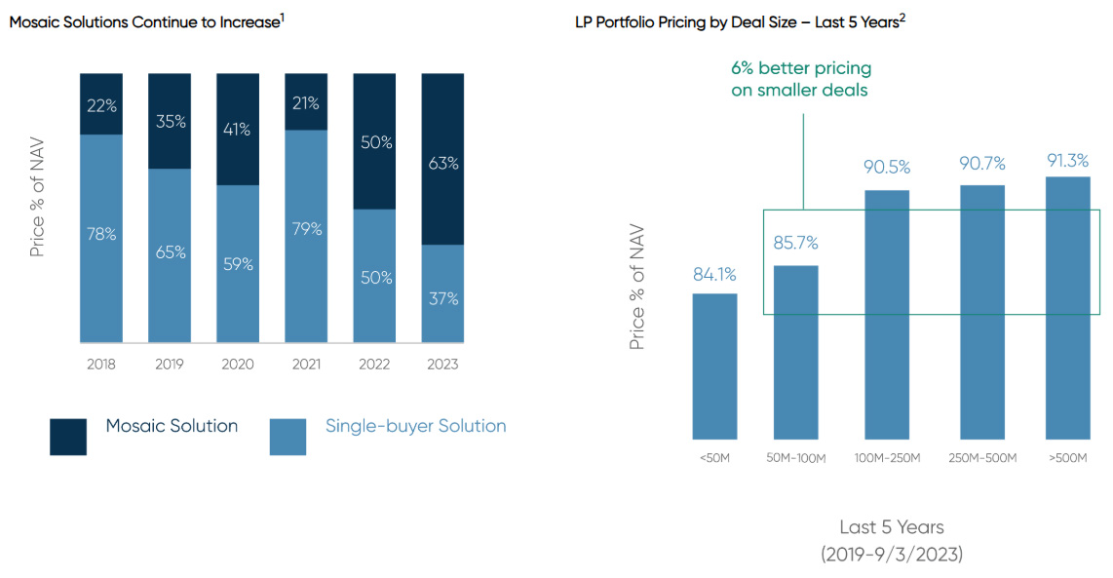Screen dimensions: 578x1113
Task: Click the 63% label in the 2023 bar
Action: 443,164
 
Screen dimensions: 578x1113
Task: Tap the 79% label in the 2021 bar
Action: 306,229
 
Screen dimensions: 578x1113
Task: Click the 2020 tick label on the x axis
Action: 238,365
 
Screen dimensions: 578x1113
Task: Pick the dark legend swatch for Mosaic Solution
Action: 68,437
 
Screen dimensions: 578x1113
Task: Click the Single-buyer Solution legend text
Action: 415,426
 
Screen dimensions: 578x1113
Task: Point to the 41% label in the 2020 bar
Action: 238,129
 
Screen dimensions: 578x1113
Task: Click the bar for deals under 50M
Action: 714,366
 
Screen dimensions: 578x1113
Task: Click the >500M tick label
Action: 1067,458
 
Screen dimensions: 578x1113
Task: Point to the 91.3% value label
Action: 1067,161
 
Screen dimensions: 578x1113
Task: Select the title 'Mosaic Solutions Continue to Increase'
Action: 144,21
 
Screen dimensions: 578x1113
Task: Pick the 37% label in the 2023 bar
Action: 443,298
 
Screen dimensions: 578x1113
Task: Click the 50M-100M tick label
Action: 795,458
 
